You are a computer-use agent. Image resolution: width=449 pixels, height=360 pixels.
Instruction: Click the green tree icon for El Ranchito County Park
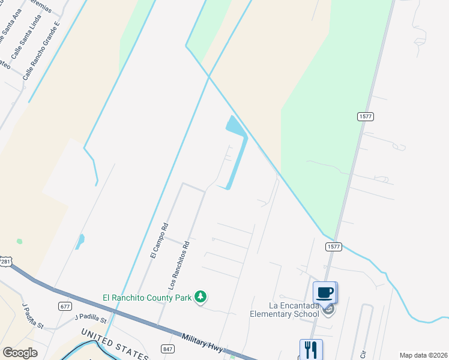point(201,297)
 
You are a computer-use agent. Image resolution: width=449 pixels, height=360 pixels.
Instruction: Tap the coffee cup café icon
point(325,292)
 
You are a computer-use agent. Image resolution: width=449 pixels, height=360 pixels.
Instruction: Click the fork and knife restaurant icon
point(311,350)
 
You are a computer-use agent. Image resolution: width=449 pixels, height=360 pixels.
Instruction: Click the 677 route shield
point(65,306)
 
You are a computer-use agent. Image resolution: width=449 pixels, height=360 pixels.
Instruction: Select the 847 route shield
point(167,348)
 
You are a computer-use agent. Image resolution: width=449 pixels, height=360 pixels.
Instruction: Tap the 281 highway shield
point(5,262)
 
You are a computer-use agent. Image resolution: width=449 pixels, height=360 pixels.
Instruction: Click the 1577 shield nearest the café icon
point(334,247)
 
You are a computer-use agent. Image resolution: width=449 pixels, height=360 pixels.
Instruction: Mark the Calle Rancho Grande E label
point(41,52)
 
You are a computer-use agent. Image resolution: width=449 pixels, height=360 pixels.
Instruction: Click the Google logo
point(20,353)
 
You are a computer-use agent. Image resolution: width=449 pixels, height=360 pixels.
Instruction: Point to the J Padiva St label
point(33,316)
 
